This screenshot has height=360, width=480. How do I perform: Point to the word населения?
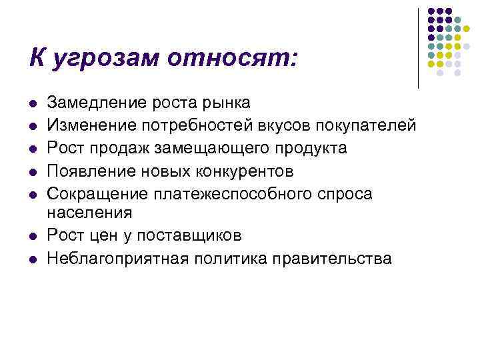[89, 212]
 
